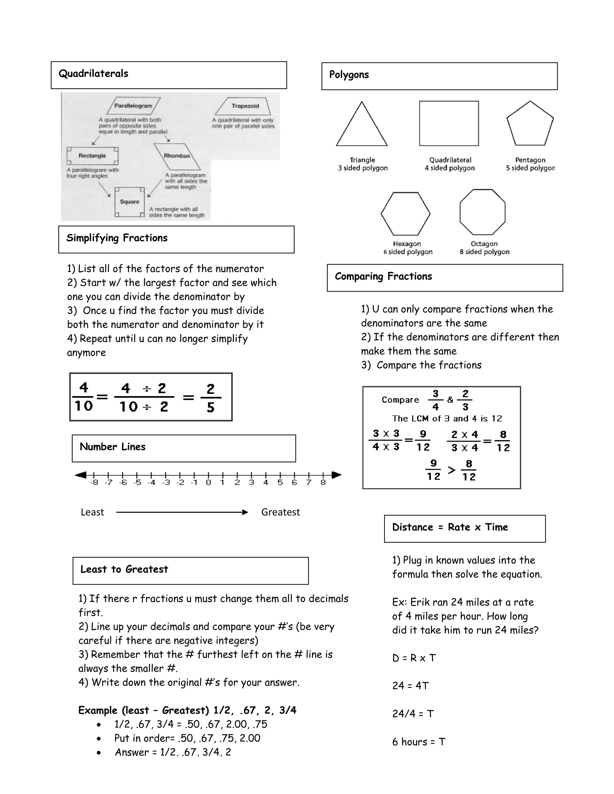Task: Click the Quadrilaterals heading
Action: [94, 74]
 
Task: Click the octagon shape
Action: [482, 212]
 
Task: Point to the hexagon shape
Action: [406, 214]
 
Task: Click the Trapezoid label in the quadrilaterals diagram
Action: [245, 106]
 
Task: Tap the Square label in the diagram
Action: [130, 201]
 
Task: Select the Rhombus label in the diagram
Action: [177, 156]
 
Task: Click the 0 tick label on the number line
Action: [208, 483]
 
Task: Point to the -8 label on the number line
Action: [94, 483]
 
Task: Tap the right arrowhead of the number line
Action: [337, 475]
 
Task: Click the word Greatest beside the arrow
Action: [280, 512]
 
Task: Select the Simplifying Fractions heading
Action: [117, 238]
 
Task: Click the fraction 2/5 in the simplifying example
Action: [210, 398]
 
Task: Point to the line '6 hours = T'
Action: [419, 742]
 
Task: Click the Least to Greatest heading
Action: [124, 569]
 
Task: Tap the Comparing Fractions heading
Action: [383, 276]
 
